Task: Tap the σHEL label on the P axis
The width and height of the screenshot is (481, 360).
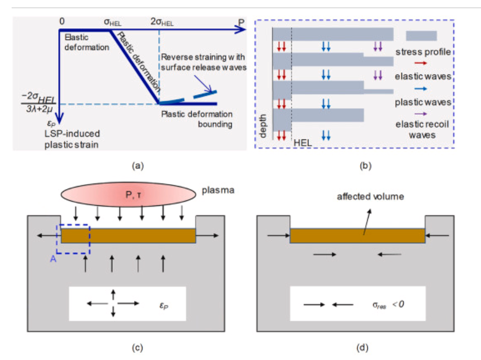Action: [113, 23]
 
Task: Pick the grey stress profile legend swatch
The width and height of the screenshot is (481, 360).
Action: [421, 36]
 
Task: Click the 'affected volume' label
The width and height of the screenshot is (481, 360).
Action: [370, 196]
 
